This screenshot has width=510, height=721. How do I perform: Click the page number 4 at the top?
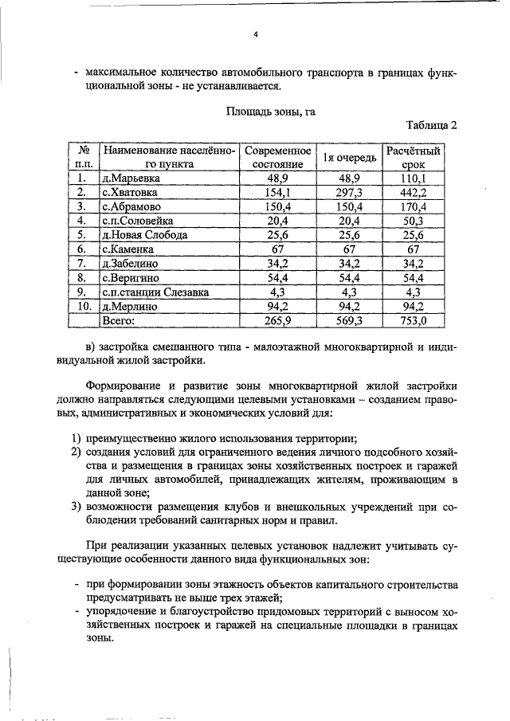[256, 35]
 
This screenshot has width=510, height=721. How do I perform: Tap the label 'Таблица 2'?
[431, 126]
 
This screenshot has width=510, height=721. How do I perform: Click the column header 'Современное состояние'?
[277, 156]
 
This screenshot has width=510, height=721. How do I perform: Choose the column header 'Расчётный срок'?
[414, 156]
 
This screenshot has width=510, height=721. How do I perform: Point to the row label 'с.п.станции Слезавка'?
[155, 292]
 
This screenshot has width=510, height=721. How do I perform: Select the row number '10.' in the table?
[81, 307]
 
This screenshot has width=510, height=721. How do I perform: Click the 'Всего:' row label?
[119, 321]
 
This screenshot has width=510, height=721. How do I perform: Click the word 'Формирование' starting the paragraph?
[124, 386]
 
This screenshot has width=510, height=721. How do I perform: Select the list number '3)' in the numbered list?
[76, 507]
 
